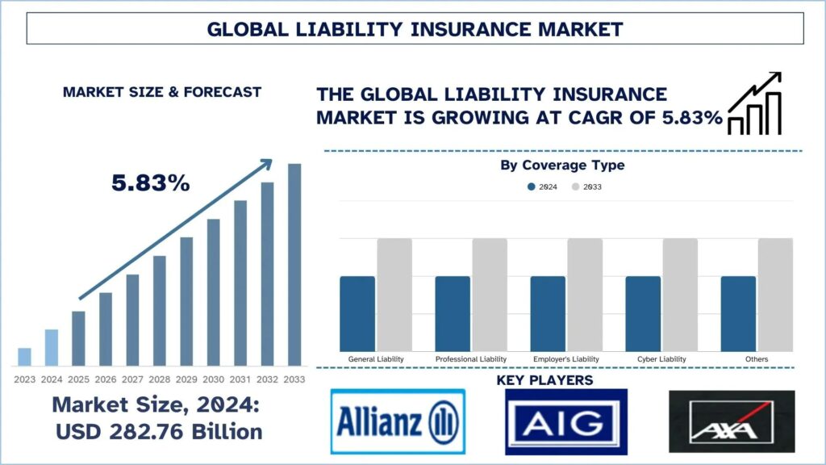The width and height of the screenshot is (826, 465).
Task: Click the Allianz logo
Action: tap(398, 421)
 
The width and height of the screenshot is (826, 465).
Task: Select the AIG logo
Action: tap(565, 421)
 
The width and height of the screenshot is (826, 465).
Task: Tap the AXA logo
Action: tap(732, 421)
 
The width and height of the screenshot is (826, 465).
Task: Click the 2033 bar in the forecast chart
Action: tap(294, 265)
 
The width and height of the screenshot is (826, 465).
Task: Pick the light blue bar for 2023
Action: tap(24, 357)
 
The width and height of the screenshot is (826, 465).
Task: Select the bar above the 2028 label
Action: tap(160, 311)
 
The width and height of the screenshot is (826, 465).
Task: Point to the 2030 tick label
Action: tap(214, 379)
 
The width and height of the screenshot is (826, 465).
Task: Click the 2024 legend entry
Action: tap(542, 186)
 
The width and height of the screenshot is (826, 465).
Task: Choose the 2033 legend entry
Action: tap(586, 186)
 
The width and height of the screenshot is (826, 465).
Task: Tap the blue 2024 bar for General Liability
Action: tap(357, 314)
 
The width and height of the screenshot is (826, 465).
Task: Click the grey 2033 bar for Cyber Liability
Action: tap(680, 295)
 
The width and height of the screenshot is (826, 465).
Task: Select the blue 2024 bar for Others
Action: tap(738, 314)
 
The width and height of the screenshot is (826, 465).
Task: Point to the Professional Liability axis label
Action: tap(471, 358)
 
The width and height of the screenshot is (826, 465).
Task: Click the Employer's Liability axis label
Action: tap(566, 358)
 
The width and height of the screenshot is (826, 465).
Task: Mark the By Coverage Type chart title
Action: tap(562, 165)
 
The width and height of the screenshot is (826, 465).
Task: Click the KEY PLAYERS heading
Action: tap(557, 379)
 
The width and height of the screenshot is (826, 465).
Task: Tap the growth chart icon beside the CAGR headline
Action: tap(754, 103)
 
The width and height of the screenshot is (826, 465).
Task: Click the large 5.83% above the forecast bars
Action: tap(151, 183)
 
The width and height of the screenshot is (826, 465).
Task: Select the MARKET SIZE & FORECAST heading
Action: tap(161, 92)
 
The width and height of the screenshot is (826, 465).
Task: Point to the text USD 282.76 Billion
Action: tap(159, 432)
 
